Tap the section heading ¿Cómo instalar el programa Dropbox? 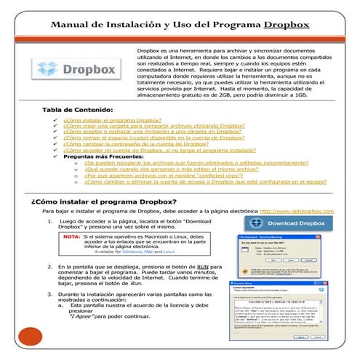(104, 200)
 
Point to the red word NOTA (71, 237)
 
